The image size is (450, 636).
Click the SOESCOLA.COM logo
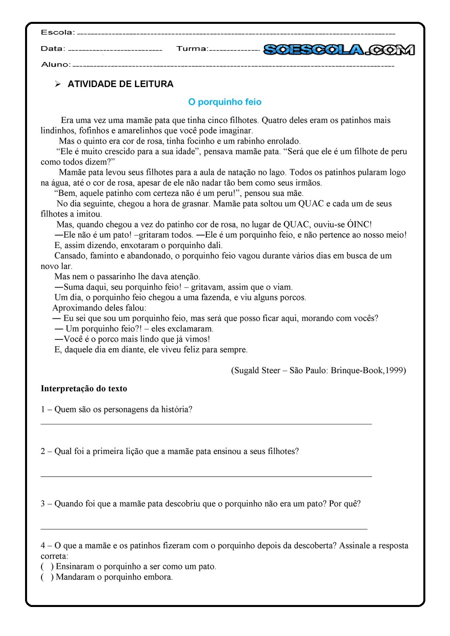[x=339, y=50]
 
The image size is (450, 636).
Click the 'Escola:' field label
[x=57, y=32]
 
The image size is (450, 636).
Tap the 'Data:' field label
[x=53, y=48]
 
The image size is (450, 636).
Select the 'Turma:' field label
[x=192, y=48]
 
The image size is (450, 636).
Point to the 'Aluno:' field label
[x=56, y=64]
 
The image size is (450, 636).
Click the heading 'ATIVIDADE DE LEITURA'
[x=121, y=84]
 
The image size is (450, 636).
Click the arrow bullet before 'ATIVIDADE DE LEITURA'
[x=58, y=84]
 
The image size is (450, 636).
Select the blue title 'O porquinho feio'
[x=225, y=102]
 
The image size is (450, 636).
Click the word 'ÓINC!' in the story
[x=359, y=225]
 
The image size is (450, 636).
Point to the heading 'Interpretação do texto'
[x=84, y=389]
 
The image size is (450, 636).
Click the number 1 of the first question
[x=43, y=410]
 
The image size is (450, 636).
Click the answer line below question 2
[x=206, y=476]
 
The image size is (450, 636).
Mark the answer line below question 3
[x=204, y=529]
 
